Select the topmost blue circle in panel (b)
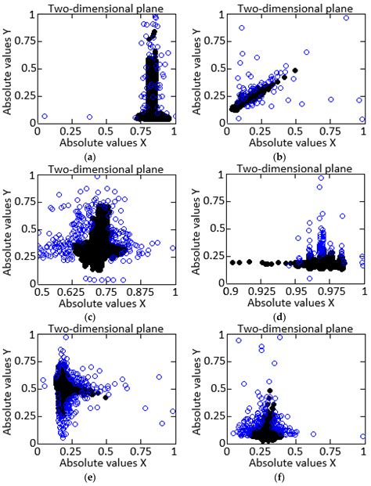click(346, 17)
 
